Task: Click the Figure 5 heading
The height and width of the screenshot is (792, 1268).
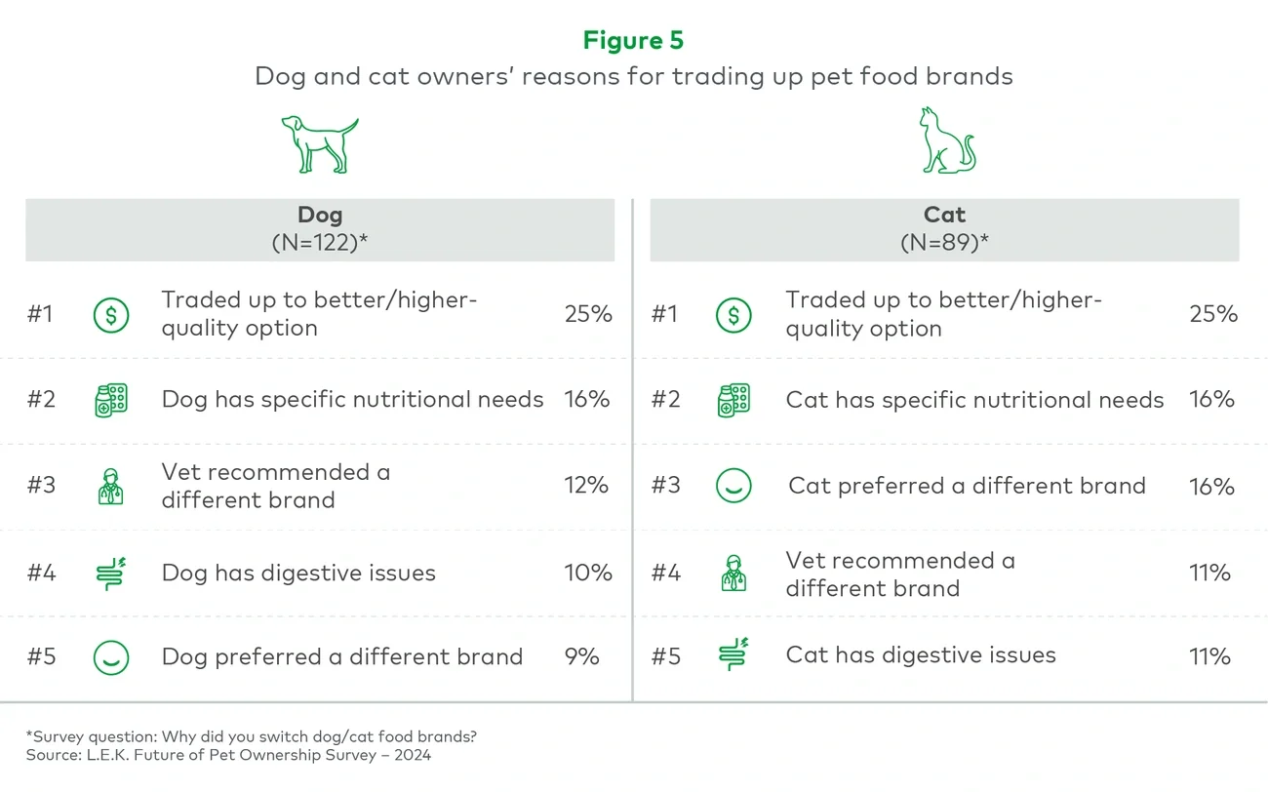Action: pyautogui.click(x=633, y=40)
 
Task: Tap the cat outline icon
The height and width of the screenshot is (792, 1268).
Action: pyautogui.click(x=946, y=142)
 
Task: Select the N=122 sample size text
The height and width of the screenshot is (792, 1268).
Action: pyautogui.click(x=319, y=243)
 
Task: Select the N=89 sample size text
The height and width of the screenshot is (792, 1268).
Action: pyautogui.click(x=943, y=243)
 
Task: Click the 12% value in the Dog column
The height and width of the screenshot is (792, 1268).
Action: pyautogui.click(x=586, y=486)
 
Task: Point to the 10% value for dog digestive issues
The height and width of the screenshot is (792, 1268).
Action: pyautogui.click(x=588, y=573)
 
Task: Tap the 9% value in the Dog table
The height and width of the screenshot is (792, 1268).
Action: pyautogui.click(x=581, y=656)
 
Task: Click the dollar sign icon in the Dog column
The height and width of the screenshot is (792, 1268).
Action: pyautogui.click(x=110, y=314)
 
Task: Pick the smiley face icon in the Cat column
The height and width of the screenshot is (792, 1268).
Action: pyautogui.click(x=733, y=486)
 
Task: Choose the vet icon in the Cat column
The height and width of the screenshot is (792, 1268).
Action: pyautogui.click(x=733, y=573)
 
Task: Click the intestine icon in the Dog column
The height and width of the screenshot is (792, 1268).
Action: pyautogui.click(x=111, y=573)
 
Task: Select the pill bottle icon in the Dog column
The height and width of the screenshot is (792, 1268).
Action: pyautogui.click(x=110, y=400)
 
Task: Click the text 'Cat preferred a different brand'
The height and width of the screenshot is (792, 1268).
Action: pyautogui.click(x=967, y=486)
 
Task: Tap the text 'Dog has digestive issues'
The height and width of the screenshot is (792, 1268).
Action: pyautogui.click(x=298, y=573)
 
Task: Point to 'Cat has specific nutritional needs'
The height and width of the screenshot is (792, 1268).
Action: pyautogui.click(x=974, y=400)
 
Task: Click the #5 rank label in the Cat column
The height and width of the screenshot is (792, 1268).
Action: pyautogui.click(x=665, y=656)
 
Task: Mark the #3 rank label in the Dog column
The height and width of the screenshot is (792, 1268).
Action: pyautogui.click(x=41, y=486)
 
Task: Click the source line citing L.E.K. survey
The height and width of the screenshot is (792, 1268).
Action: pyautogui.click(x=228, y=755)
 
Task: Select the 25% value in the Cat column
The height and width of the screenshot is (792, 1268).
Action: pyautogui.click(x=1212, y=314)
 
